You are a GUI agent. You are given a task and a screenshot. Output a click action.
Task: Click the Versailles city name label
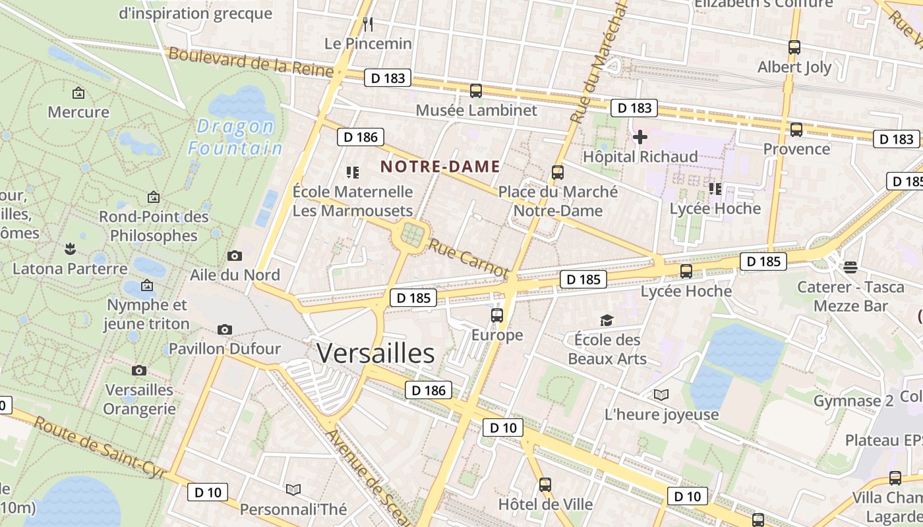pyautogui.click(x=376, y=354)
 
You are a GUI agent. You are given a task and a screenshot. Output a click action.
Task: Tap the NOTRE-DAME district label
pyautogui.click(x=440, y=167)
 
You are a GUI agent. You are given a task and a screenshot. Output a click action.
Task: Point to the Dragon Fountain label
pyautogui.click(x=235, y=137)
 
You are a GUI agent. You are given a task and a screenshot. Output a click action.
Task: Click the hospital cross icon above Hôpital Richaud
pyautogui.click(x=640, y=137)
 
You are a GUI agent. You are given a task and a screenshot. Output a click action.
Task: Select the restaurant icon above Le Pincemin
pyautogui.click(x=368, y=25)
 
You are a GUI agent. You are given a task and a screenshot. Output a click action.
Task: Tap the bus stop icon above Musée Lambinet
pyautogui.click(x=476, y=91)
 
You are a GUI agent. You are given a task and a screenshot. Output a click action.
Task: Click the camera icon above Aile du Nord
pyautogui.click(x=234, y=256)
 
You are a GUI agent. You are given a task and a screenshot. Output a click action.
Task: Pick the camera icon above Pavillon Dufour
pyautogui.click(x=225, y=329)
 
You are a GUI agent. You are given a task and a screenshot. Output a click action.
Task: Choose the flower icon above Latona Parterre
pyautogui.click(x=70, y=249)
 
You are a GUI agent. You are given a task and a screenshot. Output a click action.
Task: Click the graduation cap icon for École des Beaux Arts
pyautogui.click(x=607, y=321)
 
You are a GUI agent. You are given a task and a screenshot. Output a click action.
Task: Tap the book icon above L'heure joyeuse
pyautogui.click(x=661, y=395)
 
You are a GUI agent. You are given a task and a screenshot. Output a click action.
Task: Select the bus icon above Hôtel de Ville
pyautogui.click(x=545, y=485)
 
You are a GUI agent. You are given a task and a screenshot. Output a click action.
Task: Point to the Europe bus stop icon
pyautogui.click(x=497, y=316)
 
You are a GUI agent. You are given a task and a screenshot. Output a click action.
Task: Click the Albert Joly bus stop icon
pyautogui.click(x=794, y=47)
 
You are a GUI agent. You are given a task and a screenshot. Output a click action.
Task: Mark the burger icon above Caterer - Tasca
pyautogui.click(x=850, y=267)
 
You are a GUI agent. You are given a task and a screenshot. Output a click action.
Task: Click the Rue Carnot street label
pyautogui.click(x=469, y=258)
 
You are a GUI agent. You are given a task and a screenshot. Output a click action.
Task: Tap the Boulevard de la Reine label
pyautogui.click(x=251, y=62)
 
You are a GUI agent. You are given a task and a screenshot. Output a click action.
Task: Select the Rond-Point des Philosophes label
pyautogui.click(x=154, y=226)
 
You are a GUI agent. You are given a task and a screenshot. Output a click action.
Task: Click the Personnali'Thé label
pyautogui.click(x=293, y=509)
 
